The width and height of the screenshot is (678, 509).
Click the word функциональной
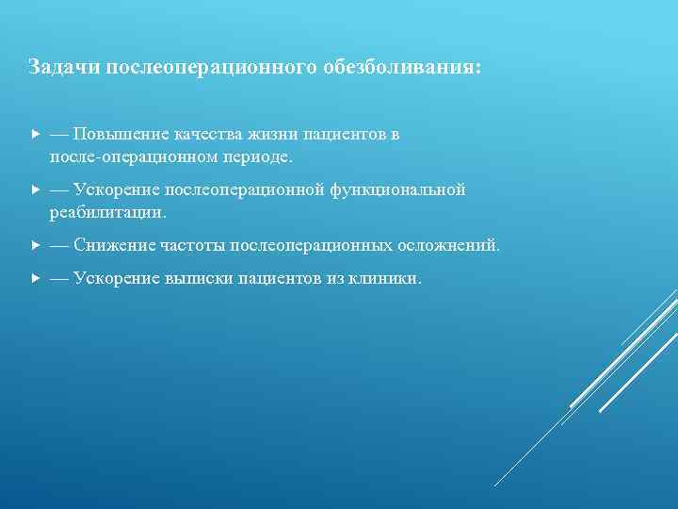tap(397, 190)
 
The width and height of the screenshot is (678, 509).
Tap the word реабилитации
tap(107, 211)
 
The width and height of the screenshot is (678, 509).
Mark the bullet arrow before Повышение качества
tap(35, 135)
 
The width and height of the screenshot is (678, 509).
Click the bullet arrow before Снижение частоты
tap(35, 246)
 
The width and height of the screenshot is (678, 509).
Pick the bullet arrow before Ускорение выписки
tap(35, 280)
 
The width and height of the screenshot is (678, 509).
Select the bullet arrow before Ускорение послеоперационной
tap(35, 190)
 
